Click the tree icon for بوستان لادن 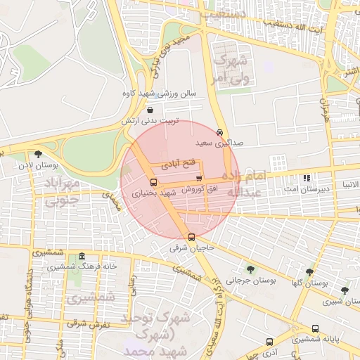38,154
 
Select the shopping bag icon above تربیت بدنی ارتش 152,110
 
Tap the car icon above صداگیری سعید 220,131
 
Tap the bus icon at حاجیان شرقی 192,237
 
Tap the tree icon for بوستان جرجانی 250,269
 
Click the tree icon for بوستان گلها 309,272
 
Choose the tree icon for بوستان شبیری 344,290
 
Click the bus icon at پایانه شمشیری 316,328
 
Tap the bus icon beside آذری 269,342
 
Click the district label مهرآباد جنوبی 63,193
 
